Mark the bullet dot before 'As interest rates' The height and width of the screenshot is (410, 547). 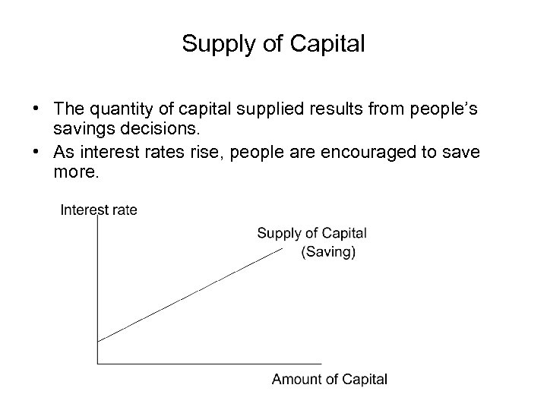(36, 152)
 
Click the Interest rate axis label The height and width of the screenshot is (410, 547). (99, 210)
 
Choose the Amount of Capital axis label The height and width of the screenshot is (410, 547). (330, 380)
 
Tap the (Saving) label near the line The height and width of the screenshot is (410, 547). (328, 252)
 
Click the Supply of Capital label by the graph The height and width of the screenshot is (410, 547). (311, 233)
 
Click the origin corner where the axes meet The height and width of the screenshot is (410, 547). (98, 364)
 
